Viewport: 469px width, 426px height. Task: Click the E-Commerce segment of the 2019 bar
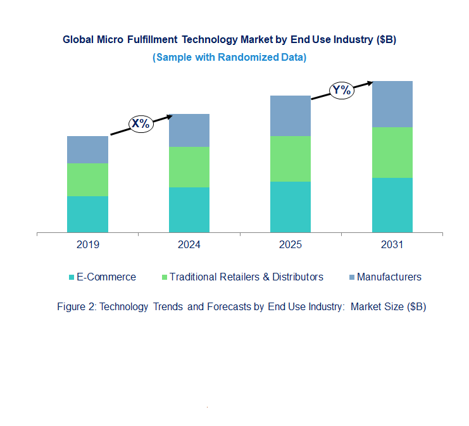click(x=87, y=214)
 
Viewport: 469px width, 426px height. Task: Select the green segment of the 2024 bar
click(x=189, y=166)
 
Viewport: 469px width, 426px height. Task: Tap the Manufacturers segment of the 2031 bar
click(x=392, y=104)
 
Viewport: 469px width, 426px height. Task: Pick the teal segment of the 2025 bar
click(x=291, y=206)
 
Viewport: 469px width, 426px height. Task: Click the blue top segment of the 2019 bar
click(x=87, y=149)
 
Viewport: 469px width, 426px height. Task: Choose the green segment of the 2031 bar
click(x=392, y=152)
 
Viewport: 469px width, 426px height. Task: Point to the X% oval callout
click(x=141, y=124)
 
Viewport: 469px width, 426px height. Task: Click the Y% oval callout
click(x=341, y=90)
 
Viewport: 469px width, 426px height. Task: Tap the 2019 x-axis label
click(x=87, y=245)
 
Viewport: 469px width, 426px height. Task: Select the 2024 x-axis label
click(x=189, y=245)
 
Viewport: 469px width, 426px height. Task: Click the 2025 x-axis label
click(x=291, y=245)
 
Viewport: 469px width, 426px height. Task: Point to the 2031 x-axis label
click(x=392, y=245)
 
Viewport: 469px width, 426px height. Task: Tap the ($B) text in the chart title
click(x=386, y=39)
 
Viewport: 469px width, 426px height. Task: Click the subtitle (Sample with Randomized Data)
click(x=229, y=57)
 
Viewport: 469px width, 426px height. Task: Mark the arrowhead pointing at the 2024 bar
click(x=170, y=116)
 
